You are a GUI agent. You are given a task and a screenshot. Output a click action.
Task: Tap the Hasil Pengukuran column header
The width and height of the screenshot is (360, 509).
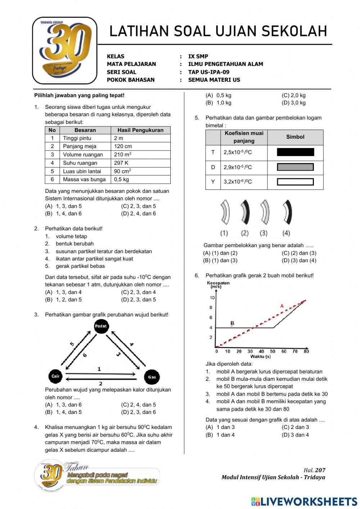[x=140, y=130]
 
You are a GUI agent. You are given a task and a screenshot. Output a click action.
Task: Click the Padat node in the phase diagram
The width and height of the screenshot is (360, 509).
[x=101, y=326]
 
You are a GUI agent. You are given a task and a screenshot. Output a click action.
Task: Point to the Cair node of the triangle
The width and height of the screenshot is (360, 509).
[x=55, y=376]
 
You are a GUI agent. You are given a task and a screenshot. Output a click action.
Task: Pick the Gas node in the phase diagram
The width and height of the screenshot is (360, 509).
[x=152, y=377]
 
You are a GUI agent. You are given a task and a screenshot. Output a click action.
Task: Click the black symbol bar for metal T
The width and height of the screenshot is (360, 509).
[x=295, y=152]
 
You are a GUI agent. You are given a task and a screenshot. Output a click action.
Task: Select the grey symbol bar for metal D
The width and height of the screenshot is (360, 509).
[x=295, y=167]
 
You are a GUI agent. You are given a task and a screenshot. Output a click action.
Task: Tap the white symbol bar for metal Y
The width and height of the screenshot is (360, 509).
[x=295, y=182]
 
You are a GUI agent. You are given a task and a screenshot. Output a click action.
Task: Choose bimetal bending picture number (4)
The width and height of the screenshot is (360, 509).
[x=287, y=213]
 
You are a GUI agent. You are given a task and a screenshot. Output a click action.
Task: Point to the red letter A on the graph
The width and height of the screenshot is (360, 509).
[x=282, y=306]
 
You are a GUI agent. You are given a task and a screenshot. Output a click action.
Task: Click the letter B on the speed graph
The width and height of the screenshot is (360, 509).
[x=232, y=323]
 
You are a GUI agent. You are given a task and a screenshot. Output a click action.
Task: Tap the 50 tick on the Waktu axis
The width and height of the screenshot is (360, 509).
[x=273, y=352]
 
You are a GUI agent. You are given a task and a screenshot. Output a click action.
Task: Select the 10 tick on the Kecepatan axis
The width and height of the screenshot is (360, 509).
[x=212, y=298]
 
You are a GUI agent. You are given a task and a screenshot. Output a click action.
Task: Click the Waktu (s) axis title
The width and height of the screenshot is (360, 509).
[x=261, y=357]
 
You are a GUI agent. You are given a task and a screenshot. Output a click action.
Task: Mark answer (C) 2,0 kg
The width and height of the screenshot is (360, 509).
[x=293, y=95]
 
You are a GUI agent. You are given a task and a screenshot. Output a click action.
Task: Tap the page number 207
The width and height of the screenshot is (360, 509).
[x=320, y=470]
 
